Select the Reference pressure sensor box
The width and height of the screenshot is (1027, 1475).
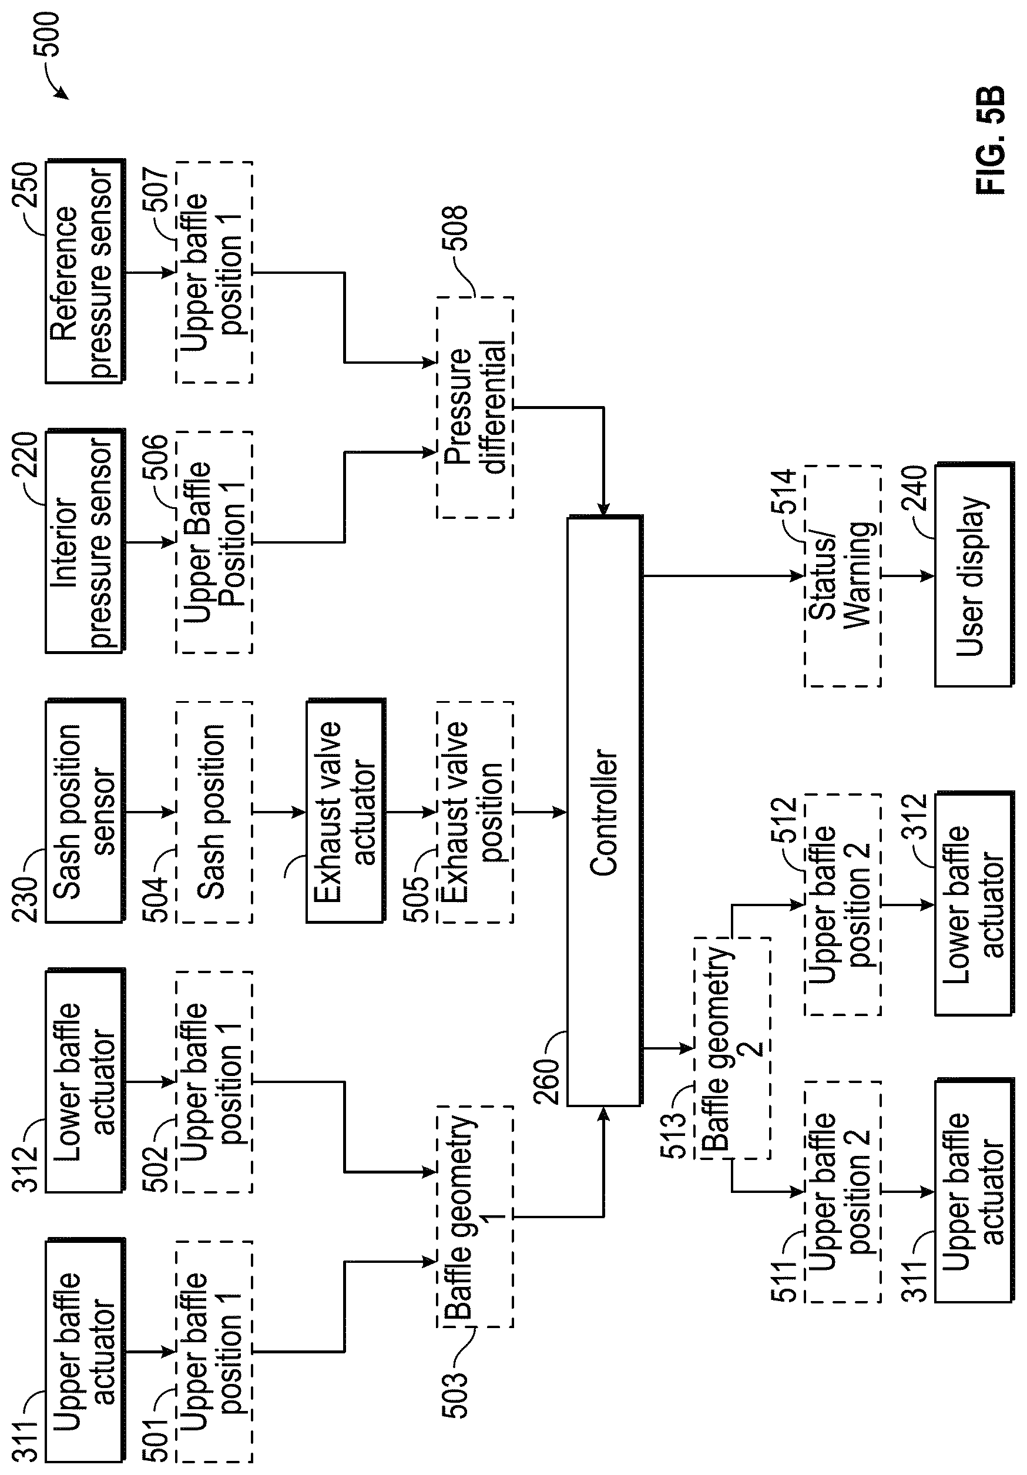tap(85, 271)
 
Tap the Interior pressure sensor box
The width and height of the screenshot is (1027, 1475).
tap(85, 541)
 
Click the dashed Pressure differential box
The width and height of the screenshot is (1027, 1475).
tap(475, 407)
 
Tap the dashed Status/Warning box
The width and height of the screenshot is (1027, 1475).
tap(842, 576)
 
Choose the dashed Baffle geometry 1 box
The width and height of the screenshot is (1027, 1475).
tap(475, 1216)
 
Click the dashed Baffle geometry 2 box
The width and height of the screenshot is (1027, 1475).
tap(731, 1048)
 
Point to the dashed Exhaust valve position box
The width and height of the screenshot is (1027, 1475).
tap(475, 812)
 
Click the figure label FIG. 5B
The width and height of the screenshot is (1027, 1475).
tap(990, 140)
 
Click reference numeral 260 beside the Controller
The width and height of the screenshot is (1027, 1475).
tap(547, 1082)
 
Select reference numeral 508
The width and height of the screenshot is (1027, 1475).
tap(455, 228)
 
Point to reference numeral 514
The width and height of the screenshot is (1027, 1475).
tap(784, 491)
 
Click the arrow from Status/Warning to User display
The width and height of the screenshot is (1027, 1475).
tap(907, 576)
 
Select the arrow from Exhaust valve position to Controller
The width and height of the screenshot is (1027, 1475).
tap(539, 812)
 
